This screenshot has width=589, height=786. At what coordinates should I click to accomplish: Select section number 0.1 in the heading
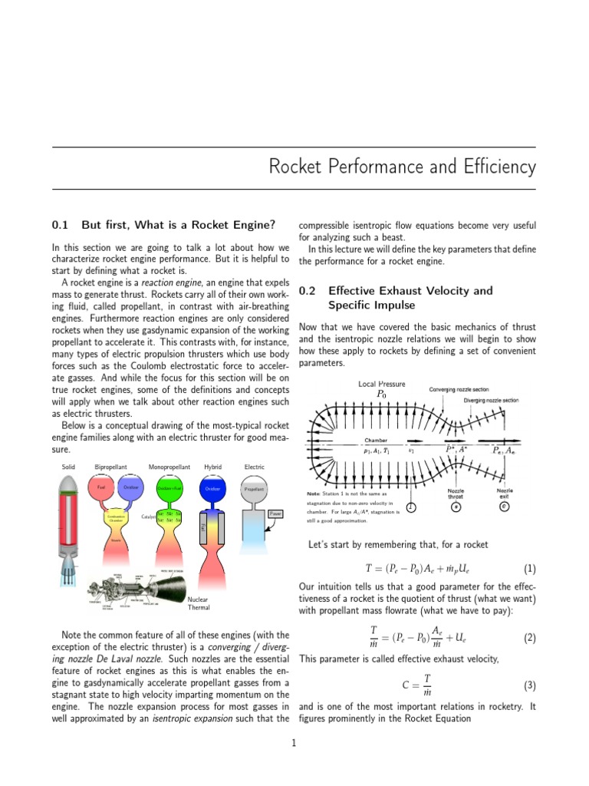pyautogui.click(x=61, y=225)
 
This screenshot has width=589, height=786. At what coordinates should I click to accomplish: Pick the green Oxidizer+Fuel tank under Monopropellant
pyautogui.click(x=169, y=489)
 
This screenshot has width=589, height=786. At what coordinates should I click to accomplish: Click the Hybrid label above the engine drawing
pyautogui.click(x=212, y=466)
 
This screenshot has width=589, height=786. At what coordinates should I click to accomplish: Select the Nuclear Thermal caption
pyautogui.click(x=199, y=603)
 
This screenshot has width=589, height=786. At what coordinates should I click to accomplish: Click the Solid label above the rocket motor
pyautogui.click(x=67, y=466)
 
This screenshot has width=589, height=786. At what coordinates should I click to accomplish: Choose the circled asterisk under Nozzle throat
pyautogui.click(x=456, y=508)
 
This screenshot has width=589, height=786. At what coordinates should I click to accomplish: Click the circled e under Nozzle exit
pyautogui.click(x=504, y=508)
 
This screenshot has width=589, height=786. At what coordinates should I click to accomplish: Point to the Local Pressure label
pyautogui.click(x=381, y=384)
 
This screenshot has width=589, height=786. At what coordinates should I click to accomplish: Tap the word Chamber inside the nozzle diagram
pyautogui.click(x=376, y=441)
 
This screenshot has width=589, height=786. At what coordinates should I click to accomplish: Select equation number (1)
pyautogui.click(x=529, y=570)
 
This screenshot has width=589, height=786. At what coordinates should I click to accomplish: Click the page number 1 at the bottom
pyautogui.click(x=294, y=743)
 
